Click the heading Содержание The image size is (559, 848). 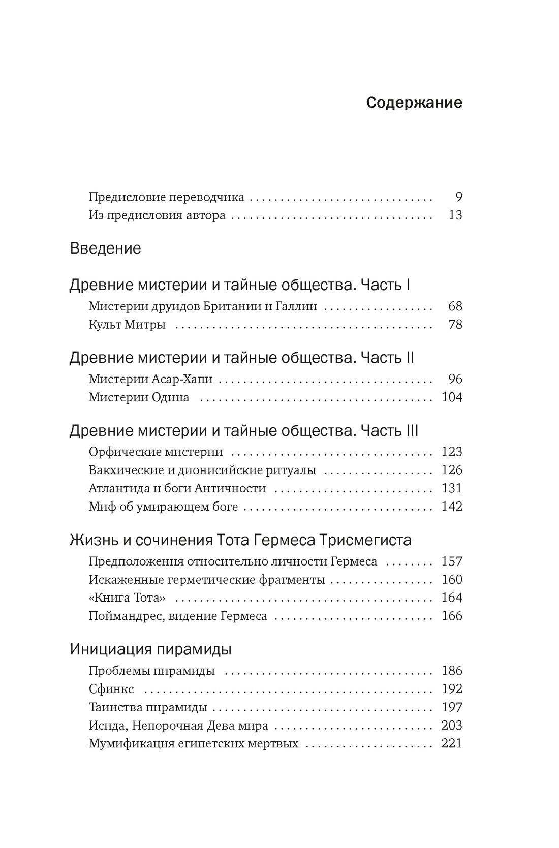(414, 103)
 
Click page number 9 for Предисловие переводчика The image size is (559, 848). (458, 197)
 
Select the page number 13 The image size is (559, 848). (455, 215)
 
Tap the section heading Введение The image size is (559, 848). (105, 249)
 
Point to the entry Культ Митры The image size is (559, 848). (127, 325)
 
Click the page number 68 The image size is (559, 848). (455, 306)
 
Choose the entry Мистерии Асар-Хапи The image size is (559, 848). (150, 380)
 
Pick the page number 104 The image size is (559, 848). (452, 397)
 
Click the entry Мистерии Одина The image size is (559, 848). (139, 397)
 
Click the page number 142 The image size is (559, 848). (452, 507)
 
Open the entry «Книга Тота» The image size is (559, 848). (127, 598)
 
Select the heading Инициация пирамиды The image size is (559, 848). (150, 649)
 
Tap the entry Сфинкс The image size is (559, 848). (111, 689)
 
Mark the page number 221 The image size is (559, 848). (452, 744)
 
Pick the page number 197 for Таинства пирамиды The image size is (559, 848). (452, 708)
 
